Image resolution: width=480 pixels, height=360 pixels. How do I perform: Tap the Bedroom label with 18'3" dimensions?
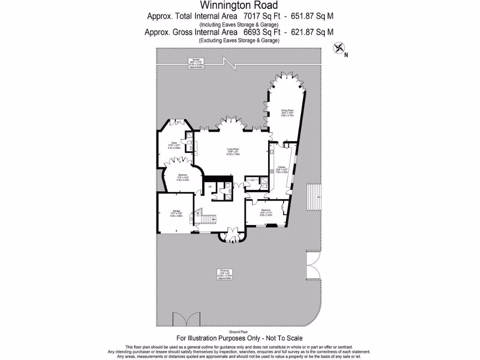coord(266,212)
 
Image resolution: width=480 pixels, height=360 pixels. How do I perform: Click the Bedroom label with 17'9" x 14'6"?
coord(183,177)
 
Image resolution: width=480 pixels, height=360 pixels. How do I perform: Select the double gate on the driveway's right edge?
coord(313,265)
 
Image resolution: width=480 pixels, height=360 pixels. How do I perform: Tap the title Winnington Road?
coord(239,6)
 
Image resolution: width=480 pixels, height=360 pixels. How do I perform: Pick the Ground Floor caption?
coord(239,331)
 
